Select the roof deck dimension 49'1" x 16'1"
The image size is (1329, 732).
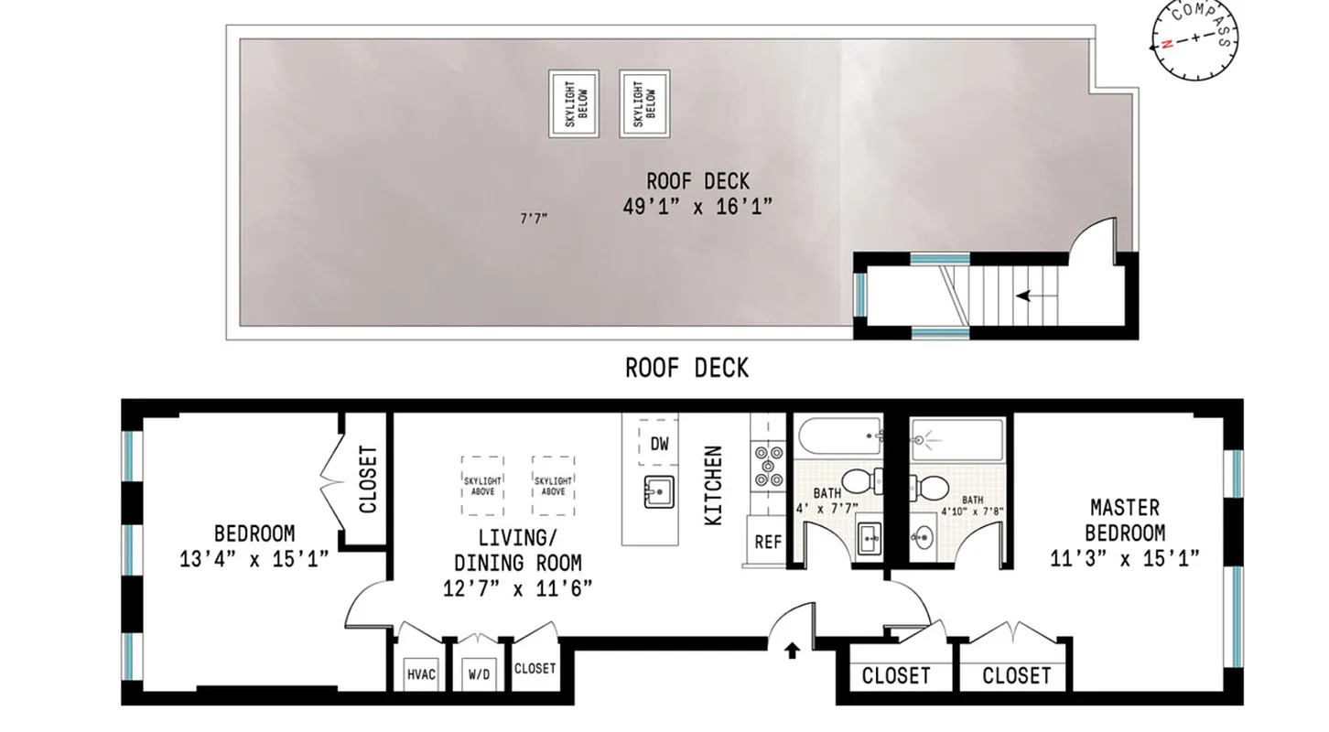pos(697,207)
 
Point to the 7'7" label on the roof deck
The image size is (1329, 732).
pos(534,219)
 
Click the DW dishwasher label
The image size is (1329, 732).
pos(659,445)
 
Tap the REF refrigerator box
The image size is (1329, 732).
pos(767,542)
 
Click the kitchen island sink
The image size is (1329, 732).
pos(657,491)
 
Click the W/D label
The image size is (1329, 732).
pos(477,675)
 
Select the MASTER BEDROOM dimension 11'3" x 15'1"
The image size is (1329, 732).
pos(1125,556)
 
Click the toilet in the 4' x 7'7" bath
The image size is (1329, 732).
pos(859,479)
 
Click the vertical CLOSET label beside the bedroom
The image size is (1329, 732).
pos(368,479)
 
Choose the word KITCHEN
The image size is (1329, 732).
pos(713,485)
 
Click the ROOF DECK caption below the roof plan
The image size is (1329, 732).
pos(686,368)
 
